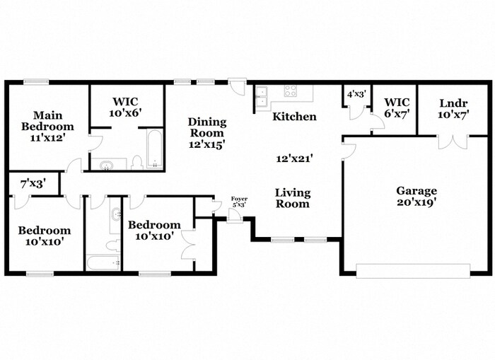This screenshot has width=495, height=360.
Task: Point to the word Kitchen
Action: point(294,116)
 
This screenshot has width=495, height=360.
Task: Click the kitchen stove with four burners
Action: point(290,91)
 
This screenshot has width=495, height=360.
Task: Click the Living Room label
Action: point(292,198)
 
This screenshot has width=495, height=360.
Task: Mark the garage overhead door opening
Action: point(412,270)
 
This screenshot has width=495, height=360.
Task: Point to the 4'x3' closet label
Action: point(356,93)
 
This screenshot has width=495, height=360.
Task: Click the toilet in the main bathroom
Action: point(136,163)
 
